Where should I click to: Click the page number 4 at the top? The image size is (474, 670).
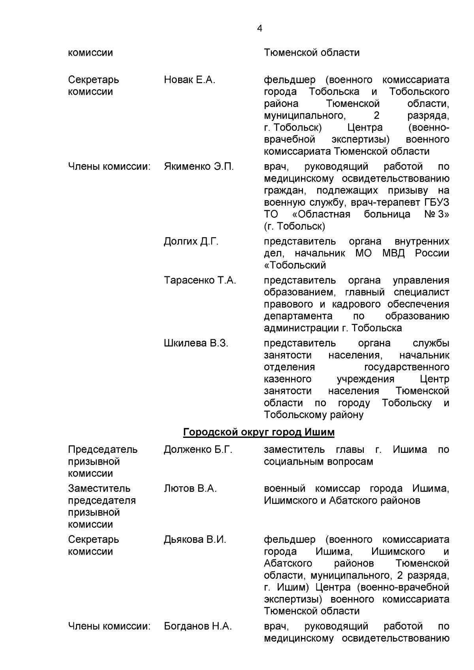[x=259, y=28]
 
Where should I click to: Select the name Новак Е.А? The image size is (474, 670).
[x=189, y=80]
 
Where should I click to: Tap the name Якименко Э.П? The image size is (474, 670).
[x=199, y=167]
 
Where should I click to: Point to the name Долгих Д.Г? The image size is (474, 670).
[x=191, y=242]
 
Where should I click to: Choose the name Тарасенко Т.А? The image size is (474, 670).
[x=200, y=281]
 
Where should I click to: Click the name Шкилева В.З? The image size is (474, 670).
[x=196, y=343]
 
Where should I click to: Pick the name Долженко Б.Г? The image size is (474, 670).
[x=198, y=450]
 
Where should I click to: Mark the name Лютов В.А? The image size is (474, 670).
[x=190, y=489]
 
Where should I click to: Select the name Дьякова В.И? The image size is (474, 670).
[x=195, y=540]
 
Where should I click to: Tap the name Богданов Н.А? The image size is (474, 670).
[x=198, y=626]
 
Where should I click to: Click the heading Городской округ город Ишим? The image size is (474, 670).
[x=259, y=433]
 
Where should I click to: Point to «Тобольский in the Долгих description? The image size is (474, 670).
[x=295, y=265]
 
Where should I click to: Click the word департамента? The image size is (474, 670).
[x=298, y=316]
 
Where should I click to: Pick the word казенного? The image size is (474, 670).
[x=287, y=379]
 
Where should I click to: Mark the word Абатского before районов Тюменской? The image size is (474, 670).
[x=288, y=563]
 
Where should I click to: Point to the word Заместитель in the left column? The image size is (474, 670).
[x=99, y=489]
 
